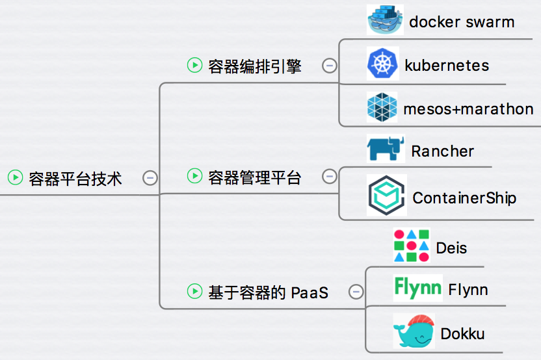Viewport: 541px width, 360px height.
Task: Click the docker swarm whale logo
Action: [386, 19]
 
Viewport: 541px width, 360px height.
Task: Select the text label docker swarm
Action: [462, 22]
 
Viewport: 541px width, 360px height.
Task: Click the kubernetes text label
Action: [447, 66]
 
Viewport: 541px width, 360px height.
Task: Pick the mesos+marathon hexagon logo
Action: [382, 108]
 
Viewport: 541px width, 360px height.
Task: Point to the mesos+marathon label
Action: [468, 109]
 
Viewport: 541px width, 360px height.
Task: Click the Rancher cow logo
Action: [385, 149]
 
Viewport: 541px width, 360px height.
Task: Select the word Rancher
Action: [442, 151]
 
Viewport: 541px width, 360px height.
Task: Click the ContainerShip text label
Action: [464, 198]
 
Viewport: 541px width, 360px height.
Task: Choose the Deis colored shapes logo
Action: [412, 245]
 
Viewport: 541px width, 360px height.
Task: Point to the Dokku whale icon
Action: [413, 332]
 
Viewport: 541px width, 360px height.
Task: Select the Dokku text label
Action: [462, 334]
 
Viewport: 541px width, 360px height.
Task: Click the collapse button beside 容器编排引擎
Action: [330, 65]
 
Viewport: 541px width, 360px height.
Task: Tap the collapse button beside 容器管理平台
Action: [330, 176]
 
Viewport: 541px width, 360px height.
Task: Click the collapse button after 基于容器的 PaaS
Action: [356, 292]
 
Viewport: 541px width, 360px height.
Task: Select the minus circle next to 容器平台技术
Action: [150, 177]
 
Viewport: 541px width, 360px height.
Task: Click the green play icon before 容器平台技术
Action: [15, 177]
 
